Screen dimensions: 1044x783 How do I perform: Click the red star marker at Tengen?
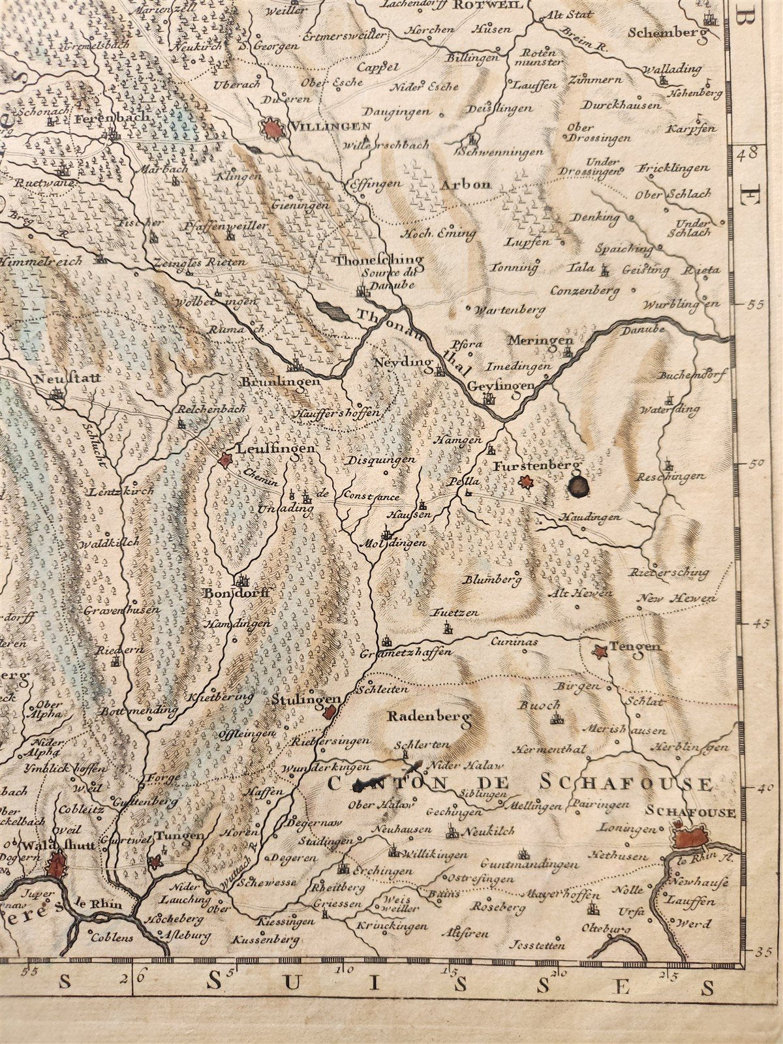pyautogui.click(x=599, y=651)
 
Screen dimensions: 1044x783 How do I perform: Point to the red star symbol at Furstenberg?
pyautogui.click(x=527, y=482)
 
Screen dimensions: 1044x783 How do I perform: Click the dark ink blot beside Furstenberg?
pyautogui.click(x=577, y=485)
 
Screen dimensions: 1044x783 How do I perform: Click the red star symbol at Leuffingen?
pyautogui.click(x=225, y=461)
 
